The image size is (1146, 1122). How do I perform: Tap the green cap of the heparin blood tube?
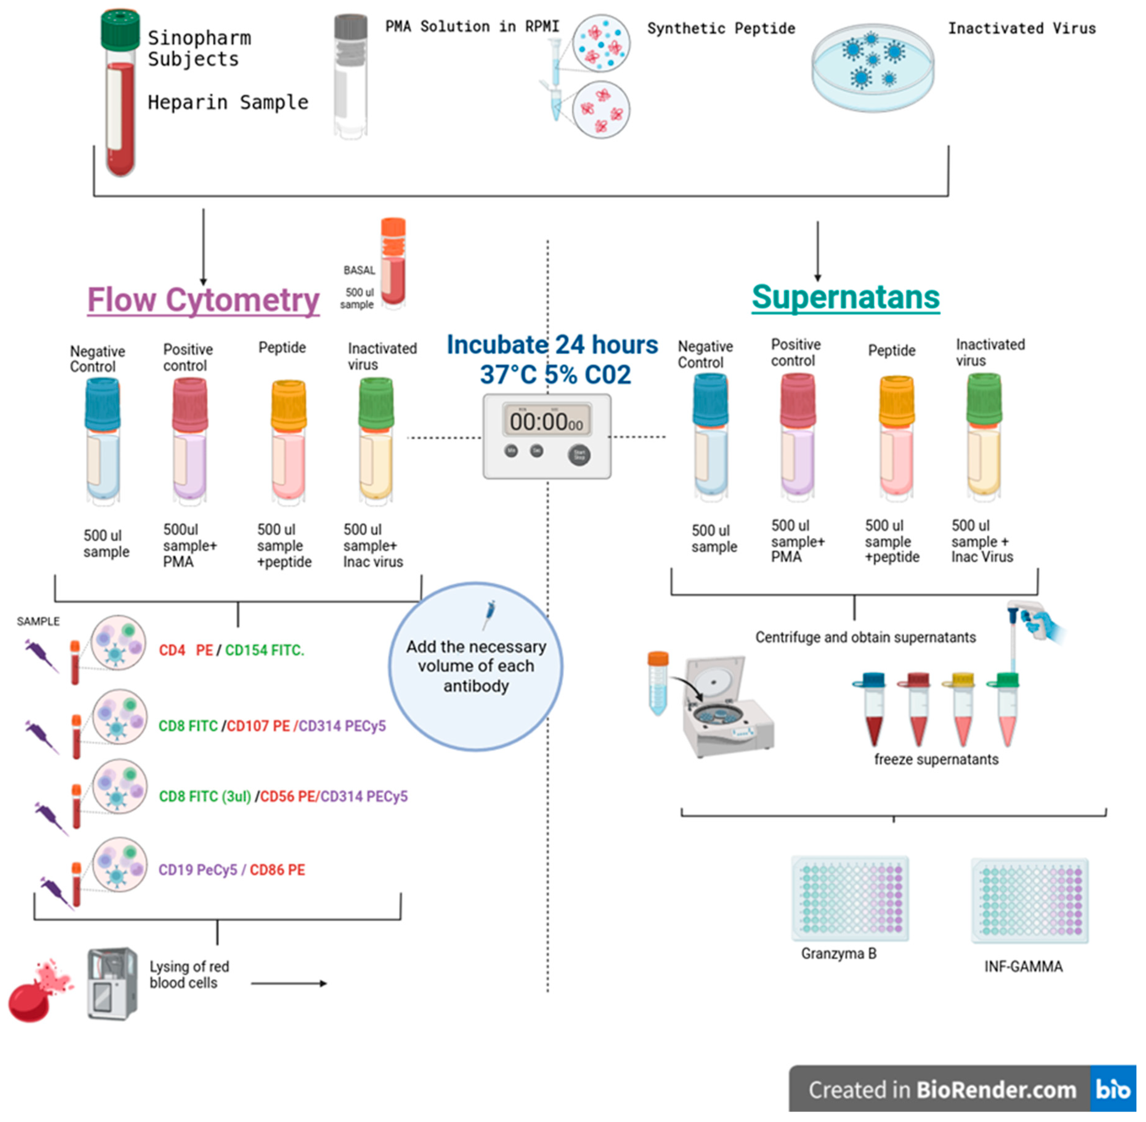click(x=120, y=30)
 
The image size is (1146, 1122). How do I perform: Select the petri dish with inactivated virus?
click(x=872, y=68)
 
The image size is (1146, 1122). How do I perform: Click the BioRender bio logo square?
click(x=1112, y=1089)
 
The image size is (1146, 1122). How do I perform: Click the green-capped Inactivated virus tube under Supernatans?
click(x=984, y=436)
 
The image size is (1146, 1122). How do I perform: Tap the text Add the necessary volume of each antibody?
click(x=476, y=666)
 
